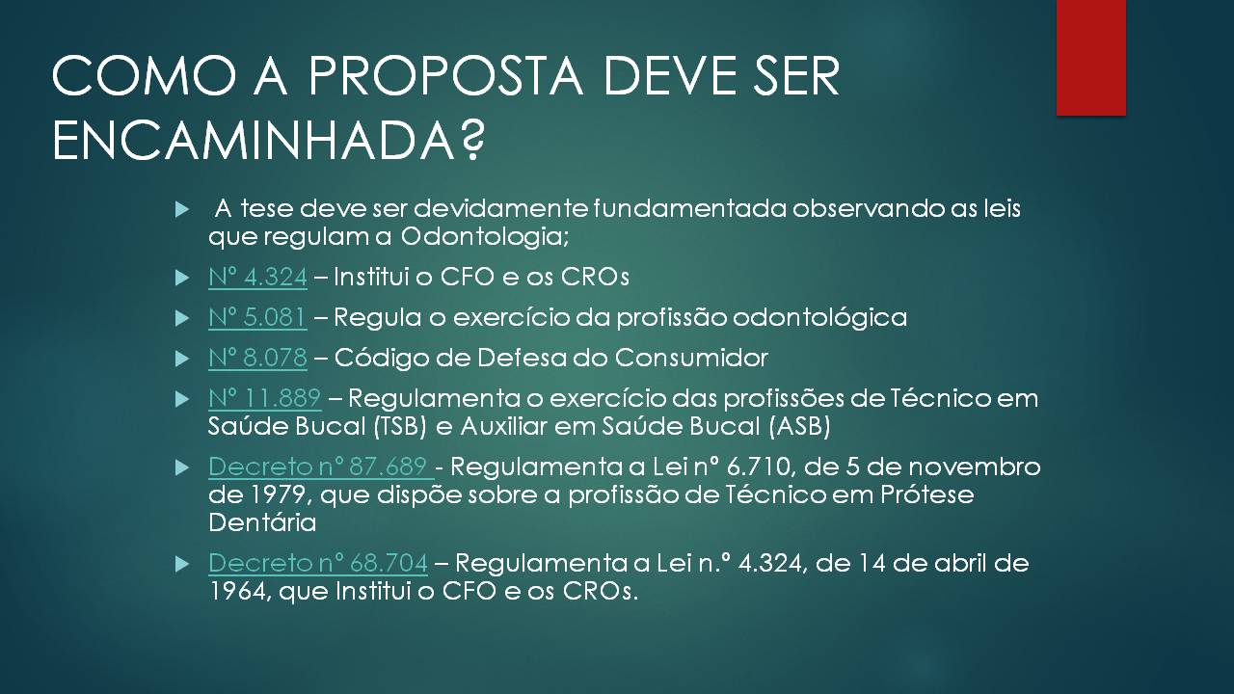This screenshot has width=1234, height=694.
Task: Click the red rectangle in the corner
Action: point(1090,58)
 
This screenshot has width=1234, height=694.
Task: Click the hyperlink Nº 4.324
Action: point(257,277)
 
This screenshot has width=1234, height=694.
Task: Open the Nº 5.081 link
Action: point(257,317)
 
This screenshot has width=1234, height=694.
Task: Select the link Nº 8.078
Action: point(257,358)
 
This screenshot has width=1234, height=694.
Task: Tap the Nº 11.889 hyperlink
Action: point(264,398)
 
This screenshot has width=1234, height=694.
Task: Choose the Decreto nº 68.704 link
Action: point(318,563)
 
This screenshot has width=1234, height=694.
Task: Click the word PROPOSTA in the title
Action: point(445,76)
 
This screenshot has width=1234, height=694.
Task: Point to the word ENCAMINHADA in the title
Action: point(254,140)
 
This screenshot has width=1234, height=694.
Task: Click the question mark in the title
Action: point(471,140)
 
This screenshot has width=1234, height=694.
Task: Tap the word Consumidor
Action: point(691,358)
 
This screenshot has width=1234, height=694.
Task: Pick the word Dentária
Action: point(262,522)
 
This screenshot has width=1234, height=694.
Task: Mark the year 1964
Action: point(240,592)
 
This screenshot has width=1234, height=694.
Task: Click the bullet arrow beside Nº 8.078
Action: point(182,360)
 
